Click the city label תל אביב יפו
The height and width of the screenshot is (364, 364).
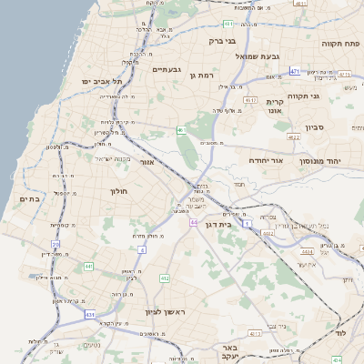click(x=101, y=81)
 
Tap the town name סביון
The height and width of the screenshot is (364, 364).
click(x=315, y=127)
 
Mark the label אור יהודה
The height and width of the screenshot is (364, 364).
click(x=268, y=160)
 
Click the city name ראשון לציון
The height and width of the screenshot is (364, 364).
click(x=165, y=312)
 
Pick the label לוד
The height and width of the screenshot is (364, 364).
click(x=354, y=335)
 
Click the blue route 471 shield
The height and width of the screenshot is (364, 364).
click(x=295, y=70)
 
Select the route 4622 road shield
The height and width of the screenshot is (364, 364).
click(x=293, y=136)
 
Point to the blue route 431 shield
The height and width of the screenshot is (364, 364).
click(x=90, y=314)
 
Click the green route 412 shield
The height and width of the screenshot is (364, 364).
click(x=165, y=278)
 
